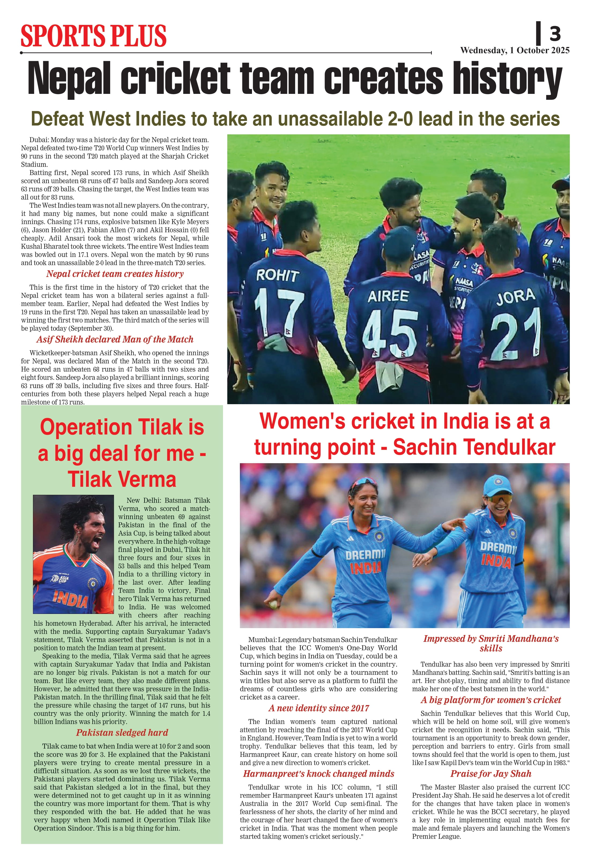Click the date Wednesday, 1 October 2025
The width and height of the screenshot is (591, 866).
(515, 50)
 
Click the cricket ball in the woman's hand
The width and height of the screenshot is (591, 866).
(273, 604)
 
